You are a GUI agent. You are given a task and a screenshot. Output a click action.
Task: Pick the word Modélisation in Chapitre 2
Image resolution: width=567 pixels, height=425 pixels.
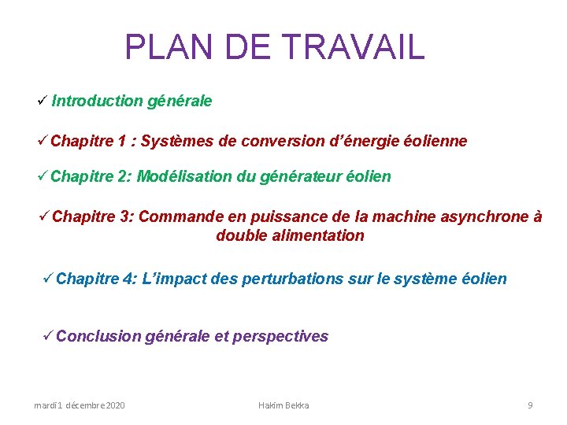point(184,176)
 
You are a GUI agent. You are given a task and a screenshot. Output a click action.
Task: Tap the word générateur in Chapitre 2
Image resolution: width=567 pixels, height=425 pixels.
point(304,176)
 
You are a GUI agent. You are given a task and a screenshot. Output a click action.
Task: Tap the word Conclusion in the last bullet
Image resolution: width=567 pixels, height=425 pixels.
point(98,336)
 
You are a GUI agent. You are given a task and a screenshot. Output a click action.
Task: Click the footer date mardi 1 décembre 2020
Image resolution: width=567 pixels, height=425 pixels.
point(79,405)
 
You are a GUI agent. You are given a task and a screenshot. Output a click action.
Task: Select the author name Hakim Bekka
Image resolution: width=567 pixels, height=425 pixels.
point(283,405)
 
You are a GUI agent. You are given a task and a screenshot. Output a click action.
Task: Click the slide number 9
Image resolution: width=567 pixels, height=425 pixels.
point(530,405)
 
